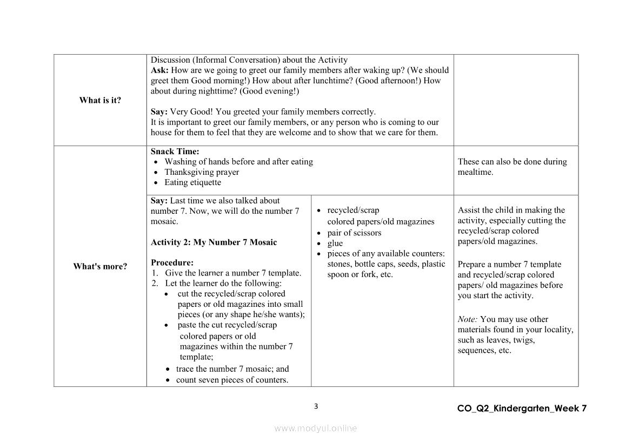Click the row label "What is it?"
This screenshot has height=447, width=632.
100,100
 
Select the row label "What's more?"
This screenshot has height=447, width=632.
100,266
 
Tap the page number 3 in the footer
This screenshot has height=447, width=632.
316,406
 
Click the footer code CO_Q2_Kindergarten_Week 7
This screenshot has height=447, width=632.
521,409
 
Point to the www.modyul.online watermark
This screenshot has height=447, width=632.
316,428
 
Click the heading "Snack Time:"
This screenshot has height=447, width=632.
175,152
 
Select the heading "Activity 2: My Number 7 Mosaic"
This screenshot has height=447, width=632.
214,242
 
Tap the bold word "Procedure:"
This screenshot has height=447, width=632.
172,262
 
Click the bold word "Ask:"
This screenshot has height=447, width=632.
159,70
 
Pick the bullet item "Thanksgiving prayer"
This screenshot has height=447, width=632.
202,172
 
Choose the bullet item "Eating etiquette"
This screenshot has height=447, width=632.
192,182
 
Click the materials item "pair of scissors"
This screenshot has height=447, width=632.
354,233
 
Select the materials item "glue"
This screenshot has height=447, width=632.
335,243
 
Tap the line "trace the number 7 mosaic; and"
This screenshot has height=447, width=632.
232,369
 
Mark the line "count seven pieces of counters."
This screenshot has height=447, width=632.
232,380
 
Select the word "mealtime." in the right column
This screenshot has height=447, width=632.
475,172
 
